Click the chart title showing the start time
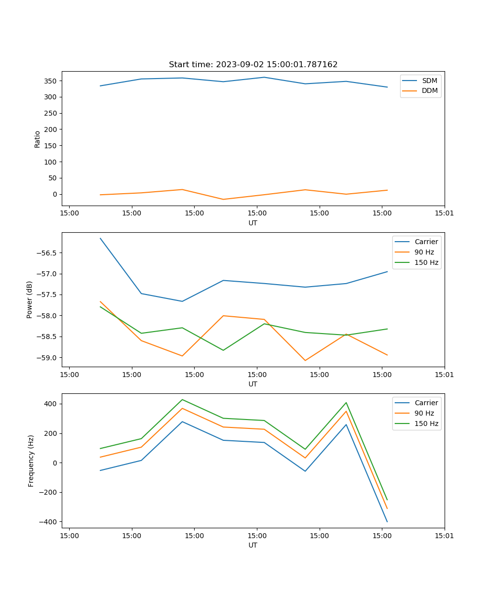click(253, 65)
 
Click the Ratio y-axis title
click(38, 139)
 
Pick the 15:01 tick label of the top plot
click(444, 213)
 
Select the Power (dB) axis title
click(30, 299)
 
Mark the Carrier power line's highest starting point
click(100, 238)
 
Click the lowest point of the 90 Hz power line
click(305, 360)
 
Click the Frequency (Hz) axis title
click(31, 461)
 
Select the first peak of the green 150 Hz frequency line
click(182, 399)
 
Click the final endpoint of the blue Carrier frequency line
click(387, 522)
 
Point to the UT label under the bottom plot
click(253, 545)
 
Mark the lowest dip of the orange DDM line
click(223, 199)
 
